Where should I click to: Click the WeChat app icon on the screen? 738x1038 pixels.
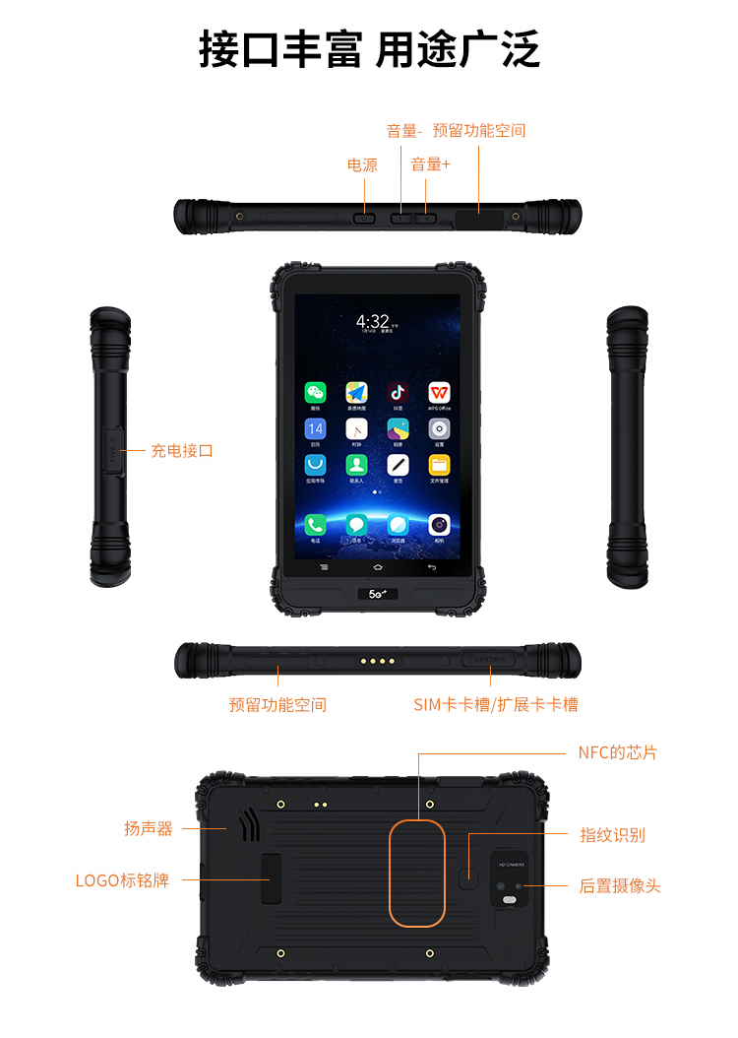coord(315,392)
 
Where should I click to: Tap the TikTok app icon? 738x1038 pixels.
coord(398,392)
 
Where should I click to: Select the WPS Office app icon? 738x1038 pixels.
coord(439,392)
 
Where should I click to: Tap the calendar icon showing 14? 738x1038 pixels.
coord(315,428)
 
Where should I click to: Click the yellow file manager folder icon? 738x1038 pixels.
coord(439,464)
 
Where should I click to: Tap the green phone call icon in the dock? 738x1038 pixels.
coord(315,525)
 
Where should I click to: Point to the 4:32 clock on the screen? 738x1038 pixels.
coord(374,321)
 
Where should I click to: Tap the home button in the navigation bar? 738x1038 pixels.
coord(377,568)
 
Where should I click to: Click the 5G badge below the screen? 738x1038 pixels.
coord(377,594)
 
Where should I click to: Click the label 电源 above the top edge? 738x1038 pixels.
coord(362,165)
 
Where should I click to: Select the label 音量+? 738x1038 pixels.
coord(430,164)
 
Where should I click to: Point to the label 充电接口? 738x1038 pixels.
coord(182,451)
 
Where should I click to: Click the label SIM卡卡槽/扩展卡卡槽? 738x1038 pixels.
coord(496,704)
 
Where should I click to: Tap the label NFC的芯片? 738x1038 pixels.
coord(617,752)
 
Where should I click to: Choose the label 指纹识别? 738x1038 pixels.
coord(612,835)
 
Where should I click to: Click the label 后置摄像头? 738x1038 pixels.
coord(620,886)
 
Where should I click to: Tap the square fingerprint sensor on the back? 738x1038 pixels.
coord(471,876)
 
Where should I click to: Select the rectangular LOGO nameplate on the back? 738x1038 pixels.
coord(270,878)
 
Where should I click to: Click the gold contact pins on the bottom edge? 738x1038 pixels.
coord(377,661)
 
